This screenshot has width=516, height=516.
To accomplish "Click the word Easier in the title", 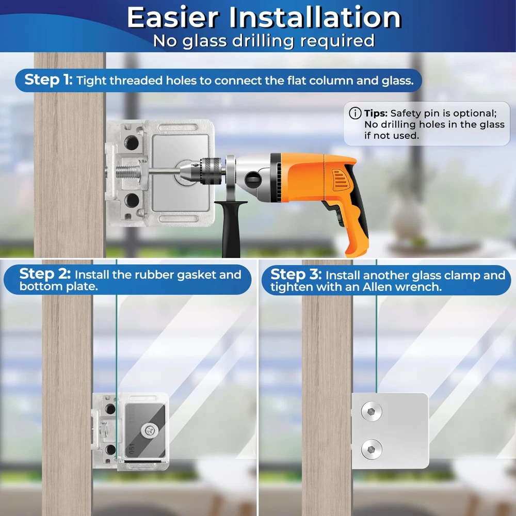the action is click(x=173, y=18).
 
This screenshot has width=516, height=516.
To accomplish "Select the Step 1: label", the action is click(x=49, y=79).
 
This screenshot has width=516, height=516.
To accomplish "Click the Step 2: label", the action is click(x=45, y=274).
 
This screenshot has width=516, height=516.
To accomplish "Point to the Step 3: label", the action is click(x=296, y=275).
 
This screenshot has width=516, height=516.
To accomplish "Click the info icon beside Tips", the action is click(x=355, y=113).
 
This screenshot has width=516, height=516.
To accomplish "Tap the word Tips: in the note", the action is click(x=376, y=113).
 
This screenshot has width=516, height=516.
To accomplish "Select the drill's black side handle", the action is click(x=232, y=227).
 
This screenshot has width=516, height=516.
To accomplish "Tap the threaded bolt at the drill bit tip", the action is click(x=127, y=171).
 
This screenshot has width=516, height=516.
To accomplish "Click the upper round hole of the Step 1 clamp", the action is click(x=131, y=142).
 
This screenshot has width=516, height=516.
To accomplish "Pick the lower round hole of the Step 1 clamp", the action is click(x=132, y=200).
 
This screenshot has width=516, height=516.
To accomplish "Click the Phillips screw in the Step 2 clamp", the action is click(x=150, y=430).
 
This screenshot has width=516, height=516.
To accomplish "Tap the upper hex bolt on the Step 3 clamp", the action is click(x=372, y=411).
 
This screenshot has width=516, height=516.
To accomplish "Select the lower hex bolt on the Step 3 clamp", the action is click(x=372, y=449).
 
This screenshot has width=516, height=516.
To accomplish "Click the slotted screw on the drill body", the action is click(x=253, y=180).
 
